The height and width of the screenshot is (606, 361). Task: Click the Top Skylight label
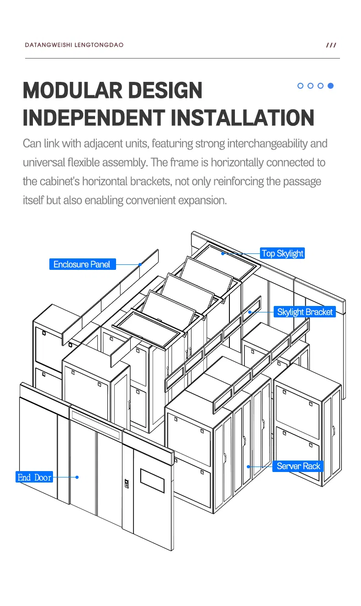[282, 253]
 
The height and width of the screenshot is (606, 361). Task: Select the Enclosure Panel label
[82, 264]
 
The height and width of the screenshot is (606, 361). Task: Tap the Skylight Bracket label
[305, 312]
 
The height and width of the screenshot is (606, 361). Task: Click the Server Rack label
[299, 466]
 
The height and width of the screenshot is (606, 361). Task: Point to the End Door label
[35, 477]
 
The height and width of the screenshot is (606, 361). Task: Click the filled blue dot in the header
[331, 86]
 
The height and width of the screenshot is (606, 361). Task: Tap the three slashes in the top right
[331, 45]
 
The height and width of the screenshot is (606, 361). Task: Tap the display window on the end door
[152, 480]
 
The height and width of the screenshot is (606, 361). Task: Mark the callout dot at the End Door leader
[77, 477]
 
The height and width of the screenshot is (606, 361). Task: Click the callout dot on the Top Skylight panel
[223, 253]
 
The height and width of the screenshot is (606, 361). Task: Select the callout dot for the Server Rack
[248, 467]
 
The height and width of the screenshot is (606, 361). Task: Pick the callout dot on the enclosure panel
[140, 264]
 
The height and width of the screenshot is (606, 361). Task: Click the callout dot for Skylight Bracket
[250, 312]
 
